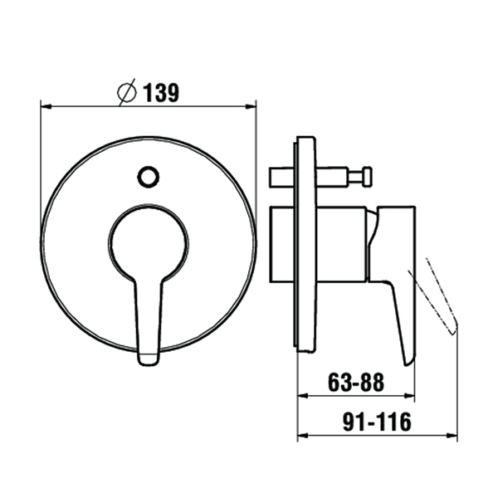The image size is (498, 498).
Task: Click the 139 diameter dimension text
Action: pos(161,93)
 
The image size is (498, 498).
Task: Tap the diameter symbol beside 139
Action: pos(127,92)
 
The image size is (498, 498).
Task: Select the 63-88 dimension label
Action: pos(356,382)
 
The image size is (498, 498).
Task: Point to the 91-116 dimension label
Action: pos(377,422)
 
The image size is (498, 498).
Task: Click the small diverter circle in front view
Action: pos(149,176)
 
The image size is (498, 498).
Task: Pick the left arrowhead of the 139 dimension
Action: pos(46,106)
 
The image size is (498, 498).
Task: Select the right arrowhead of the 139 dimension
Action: pos(251,106)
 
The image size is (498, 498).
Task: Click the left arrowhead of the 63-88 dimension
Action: pos(303,396)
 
